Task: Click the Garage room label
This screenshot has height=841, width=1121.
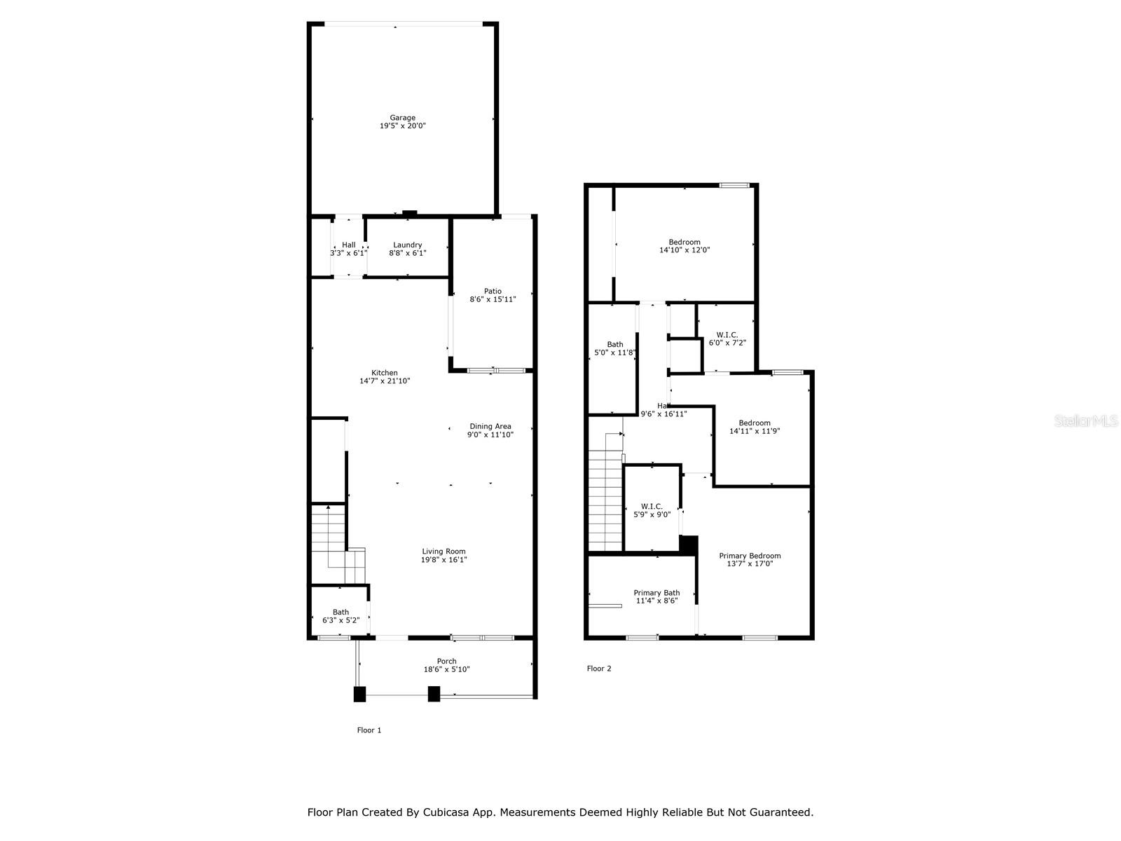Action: click(x=403, y=122)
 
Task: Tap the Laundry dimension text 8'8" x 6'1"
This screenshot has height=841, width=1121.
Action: click(x=408, y=253)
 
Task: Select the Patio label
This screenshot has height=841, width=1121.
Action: click(x=493, y=295)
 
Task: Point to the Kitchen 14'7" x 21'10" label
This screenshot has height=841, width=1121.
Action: click(x=385, y=377)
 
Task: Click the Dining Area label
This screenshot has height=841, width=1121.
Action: click(x=490, y=430)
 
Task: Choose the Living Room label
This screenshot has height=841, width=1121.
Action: click(x=443, y=555)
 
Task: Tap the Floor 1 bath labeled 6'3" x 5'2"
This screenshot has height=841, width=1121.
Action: click(x=341, y=616)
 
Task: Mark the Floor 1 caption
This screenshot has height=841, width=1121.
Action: click(x=369, y=730)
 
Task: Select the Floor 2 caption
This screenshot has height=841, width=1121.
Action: click(x=599, y=669)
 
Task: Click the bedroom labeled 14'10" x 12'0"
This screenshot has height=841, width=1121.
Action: click(x=685, y=246)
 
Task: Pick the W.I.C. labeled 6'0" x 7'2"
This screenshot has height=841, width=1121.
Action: click(x=727, y=339)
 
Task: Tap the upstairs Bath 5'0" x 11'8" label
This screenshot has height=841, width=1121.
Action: click(x=614, y=348)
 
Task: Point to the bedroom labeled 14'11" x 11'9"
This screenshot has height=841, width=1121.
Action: click(x=755, y=427)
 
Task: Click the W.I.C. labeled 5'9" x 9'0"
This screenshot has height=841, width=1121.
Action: click(x=652, y=510)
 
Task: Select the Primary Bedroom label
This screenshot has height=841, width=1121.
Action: click(x=750, y=559)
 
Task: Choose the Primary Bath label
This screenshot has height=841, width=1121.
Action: click(x=656, y=596)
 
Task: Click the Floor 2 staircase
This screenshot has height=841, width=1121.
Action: click(x=605, y=501)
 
